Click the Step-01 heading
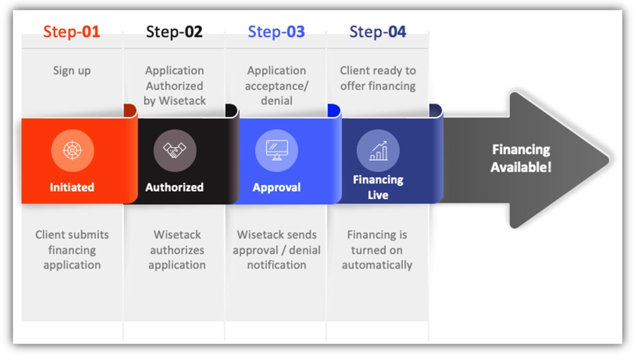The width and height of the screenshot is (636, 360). pyautogui.click(x=72, y=32)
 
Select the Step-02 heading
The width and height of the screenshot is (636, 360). pyautogui.click(x=174, y=32)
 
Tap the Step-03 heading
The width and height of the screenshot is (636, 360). pyautogui.click(x=277, y=32)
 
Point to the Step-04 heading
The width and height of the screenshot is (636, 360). pyautogui.click(x=378, y=32)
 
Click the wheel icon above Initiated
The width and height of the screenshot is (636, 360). pyautogui.click(x=72, y=150)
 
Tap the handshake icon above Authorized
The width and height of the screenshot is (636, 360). pyautogui.click(x=174, y=150)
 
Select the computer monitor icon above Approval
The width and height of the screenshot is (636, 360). pyautogui.click(x=277, y=150)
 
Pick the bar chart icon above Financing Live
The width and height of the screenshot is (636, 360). pyautogui.click(x=378, y=151)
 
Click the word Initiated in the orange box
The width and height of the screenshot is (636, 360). pyautogui.click(x=72, y=187)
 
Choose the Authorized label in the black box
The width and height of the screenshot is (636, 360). pyautogui.click(x=174, y=187)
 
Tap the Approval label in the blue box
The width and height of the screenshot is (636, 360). pyautogui.click(x=277, y=187)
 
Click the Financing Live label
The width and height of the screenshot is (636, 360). pyautogui.click(x=378, y=187)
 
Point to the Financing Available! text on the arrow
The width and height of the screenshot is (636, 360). pyautogui.click(x=521, y=158)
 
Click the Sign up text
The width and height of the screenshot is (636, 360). pyautogui.click(x=72, y=71)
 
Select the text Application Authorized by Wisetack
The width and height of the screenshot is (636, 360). pyautogui.click(x=174, y=86)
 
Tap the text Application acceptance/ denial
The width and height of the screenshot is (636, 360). pyautogui.click(x=277, y=86)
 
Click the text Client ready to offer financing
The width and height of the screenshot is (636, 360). pyautogui.click(x=378, y=78)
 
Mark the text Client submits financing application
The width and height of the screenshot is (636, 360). pyautogui.click(x=72, y=249)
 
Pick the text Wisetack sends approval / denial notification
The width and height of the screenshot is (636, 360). pyautogui.click(x=277, y=249)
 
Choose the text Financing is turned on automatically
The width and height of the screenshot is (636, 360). pyautogui.click(x=376, y=249)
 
